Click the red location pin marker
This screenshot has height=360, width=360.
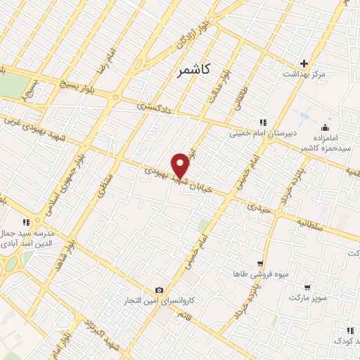(181, 164)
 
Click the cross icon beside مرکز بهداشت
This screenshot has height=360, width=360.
(304, 63)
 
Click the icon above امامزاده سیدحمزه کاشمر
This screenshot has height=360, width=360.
(324, 127)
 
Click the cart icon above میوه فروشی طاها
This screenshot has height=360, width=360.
(260, 263)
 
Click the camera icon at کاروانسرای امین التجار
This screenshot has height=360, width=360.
(160, 290)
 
